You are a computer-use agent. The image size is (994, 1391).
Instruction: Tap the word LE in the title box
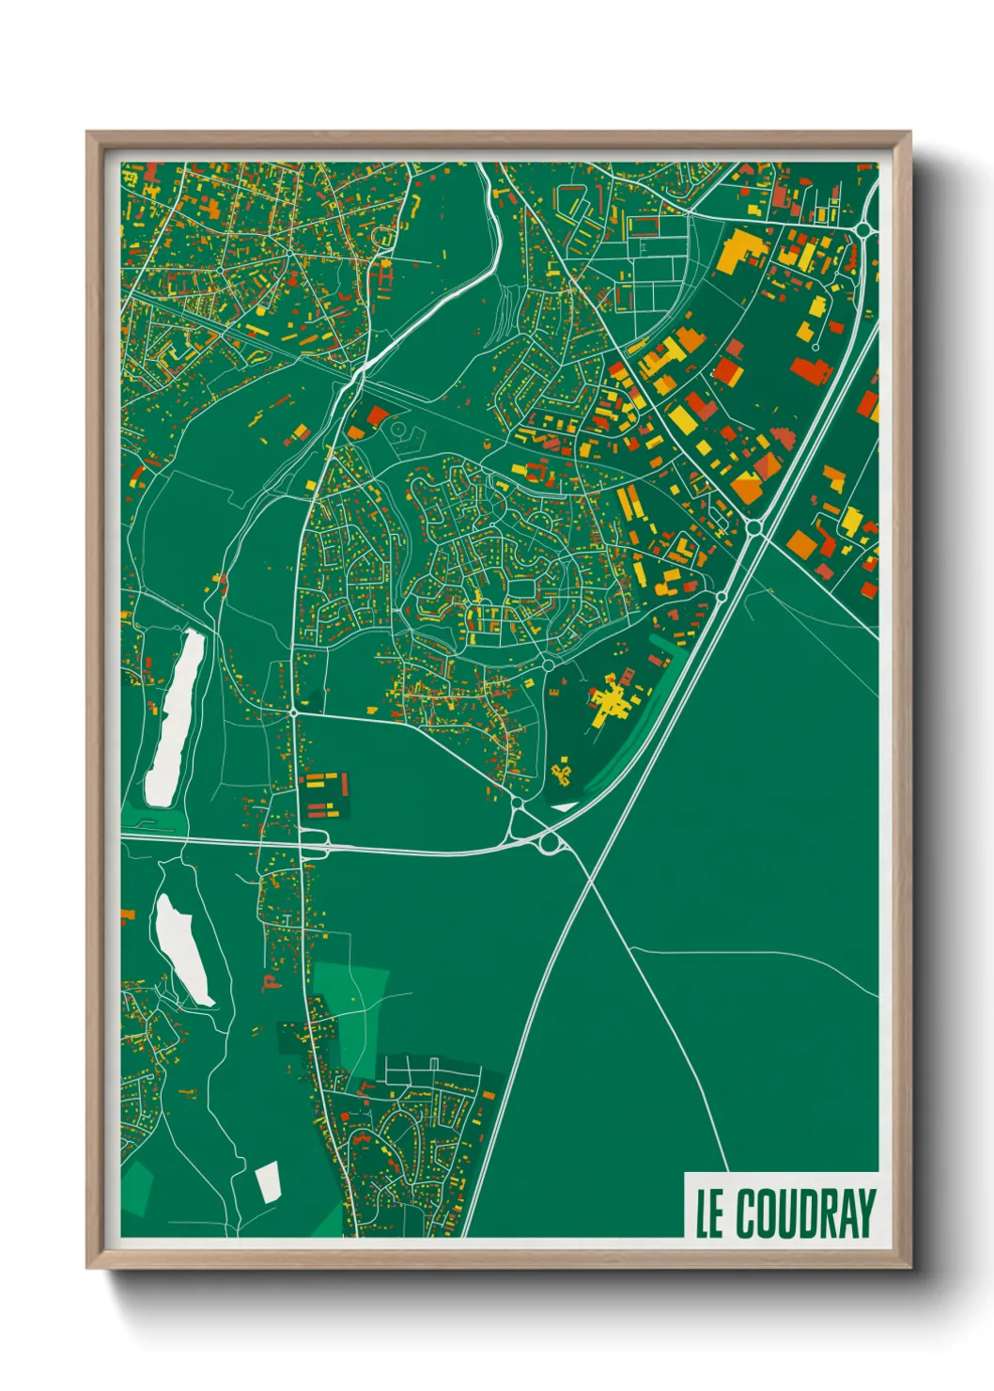[x=709, y=1213]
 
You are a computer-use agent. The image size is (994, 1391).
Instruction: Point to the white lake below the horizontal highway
[x=183, y=949]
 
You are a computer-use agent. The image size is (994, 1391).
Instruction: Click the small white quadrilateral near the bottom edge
[x=268, y=1180]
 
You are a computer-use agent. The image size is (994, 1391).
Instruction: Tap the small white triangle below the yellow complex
[x=564, y=805]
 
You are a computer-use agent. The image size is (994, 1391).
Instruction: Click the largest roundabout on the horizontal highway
[x=550, y=843]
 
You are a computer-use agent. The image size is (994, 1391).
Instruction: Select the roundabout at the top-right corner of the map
[x=862, y=228]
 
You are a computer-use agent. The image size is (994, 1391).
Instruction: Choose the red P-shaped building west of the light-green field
[x=271, y=983]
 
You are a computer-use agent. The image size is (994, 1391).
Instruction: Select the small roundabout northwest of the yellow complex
[x=548, y=665]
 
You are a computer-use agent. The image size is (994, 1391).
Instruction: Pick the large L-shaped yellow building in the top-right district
[x=742, y=249]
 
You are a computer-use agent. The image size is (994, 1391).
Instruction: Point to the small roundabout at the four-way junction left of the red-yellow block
[x=294, y=713]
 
